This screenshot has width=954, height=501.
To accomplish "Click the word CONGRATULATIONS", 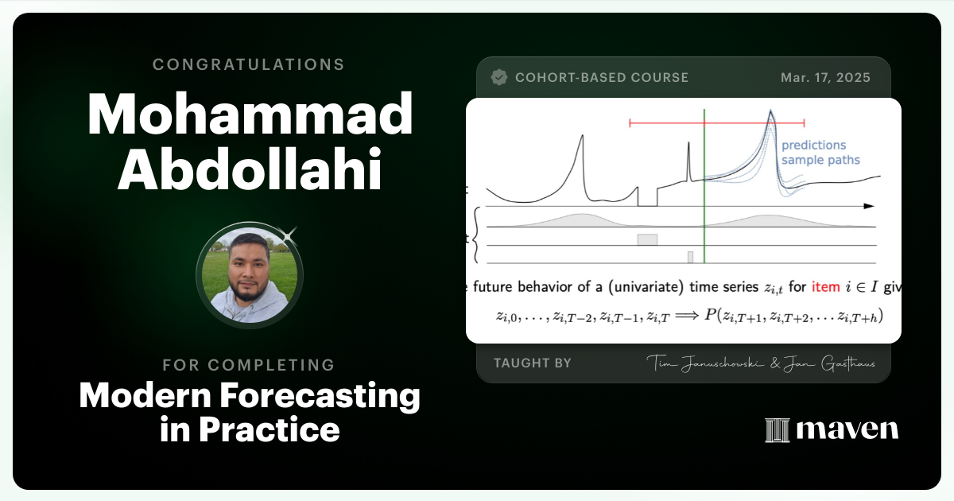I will pos(249,64).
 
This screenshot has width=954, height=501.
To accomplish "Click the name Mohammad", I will pos(250,116).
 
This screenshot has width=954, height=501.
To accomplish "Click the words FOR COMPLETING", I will pos(249,365).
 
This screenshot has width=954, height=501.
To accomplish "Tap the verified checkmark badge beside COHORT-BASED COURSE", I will pos(499,77).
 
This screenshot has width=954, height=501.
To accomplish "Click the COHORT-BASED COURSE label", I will pos(601,78).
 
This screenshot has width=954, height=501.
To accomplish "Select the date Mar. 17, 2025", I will pos(825,78).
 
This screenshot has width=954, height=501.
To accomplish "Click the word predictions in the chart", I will pos(813,146).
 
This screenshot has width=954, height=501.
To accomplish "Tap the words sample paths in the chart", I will pos(820,160).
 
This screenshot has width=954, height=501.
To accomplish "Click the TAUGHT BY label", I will pos(532,363).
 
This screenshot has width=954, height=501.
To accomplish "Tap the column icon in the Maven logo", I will pos(776,430).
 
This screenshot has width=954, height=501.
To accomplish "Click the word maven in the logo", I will pos(847,430).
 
